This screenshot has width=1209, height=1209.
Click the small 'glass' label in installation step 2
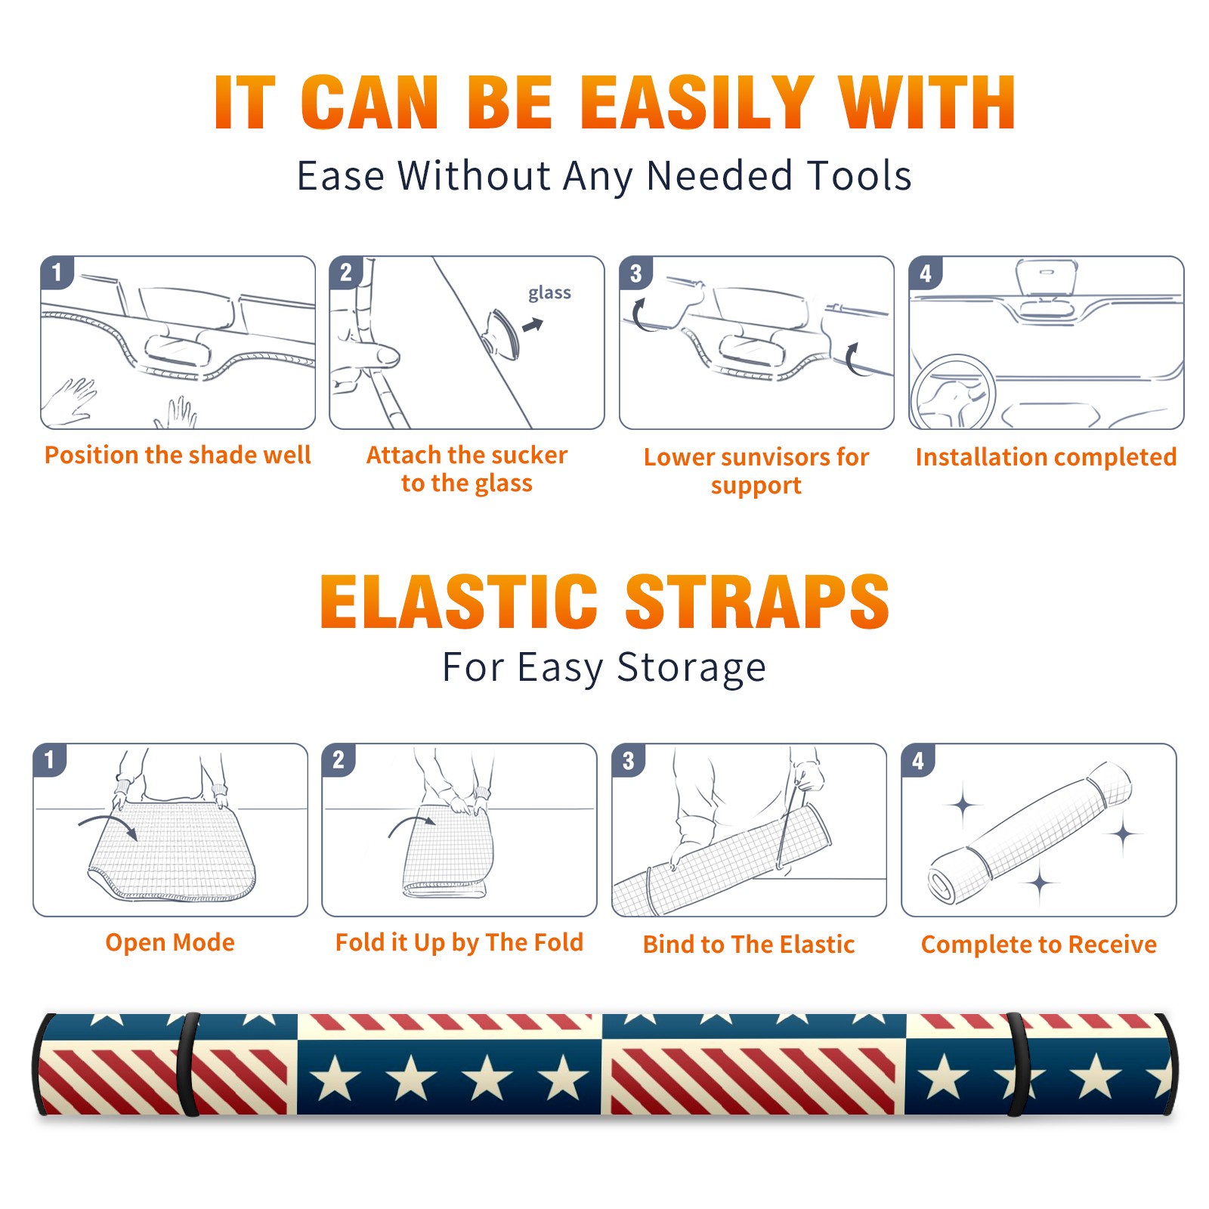549,292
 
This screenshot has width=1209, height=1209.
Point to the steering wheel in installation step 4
953,394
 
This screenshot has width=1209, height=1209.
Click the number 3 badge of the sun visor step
635,273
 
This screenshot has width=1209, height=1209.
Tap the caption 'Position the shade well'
178,455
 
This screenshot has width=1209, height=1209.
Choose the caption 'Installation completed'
1046,456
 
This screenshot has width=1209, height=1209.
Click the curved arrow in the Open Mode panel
108,826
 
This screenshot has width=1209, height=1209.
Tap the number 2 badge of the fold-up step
338,760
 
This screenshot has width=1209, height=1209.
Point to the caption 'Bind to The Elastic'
748,944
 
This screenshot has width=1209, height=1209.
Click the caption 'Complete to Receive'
1038,944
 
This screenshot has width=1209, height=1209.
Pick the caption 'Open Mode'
170,942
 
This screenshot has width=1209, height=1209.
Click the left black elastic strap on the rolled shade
188,1065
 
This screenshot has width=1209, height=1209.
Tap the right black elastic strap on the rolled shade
1016,1065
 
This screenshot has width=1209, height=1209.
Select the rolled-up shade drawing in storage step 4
1029,833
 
